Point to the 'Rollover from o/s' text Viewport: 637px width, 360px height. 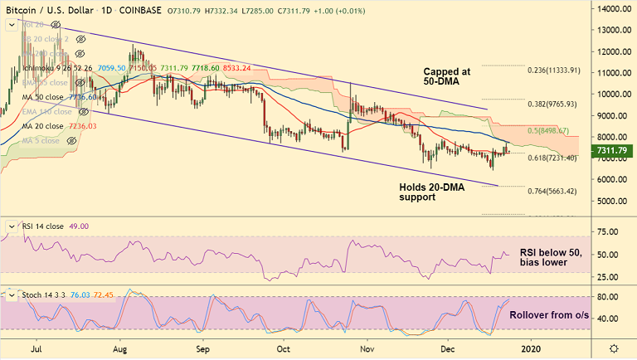click(549, 315)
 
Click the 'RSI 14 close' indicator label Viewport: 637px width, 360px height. click(42, 226)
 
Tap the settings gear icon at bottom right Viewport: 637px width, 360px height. click(613, 350)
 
